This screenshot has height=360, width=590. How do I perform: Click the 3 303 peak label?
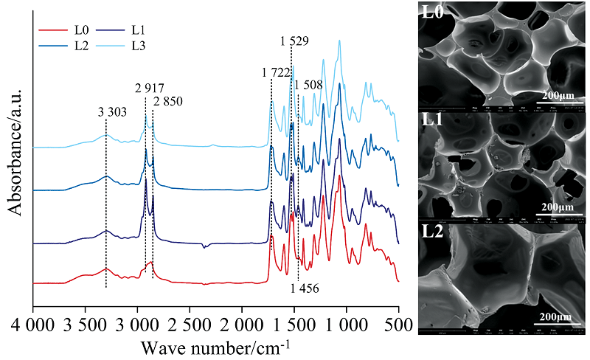coord(113,113)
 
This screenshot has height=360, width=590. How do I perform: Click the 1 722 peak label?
coord(275,72)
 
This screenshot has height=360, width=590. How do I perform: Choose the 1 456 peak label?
coord(305,288)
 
